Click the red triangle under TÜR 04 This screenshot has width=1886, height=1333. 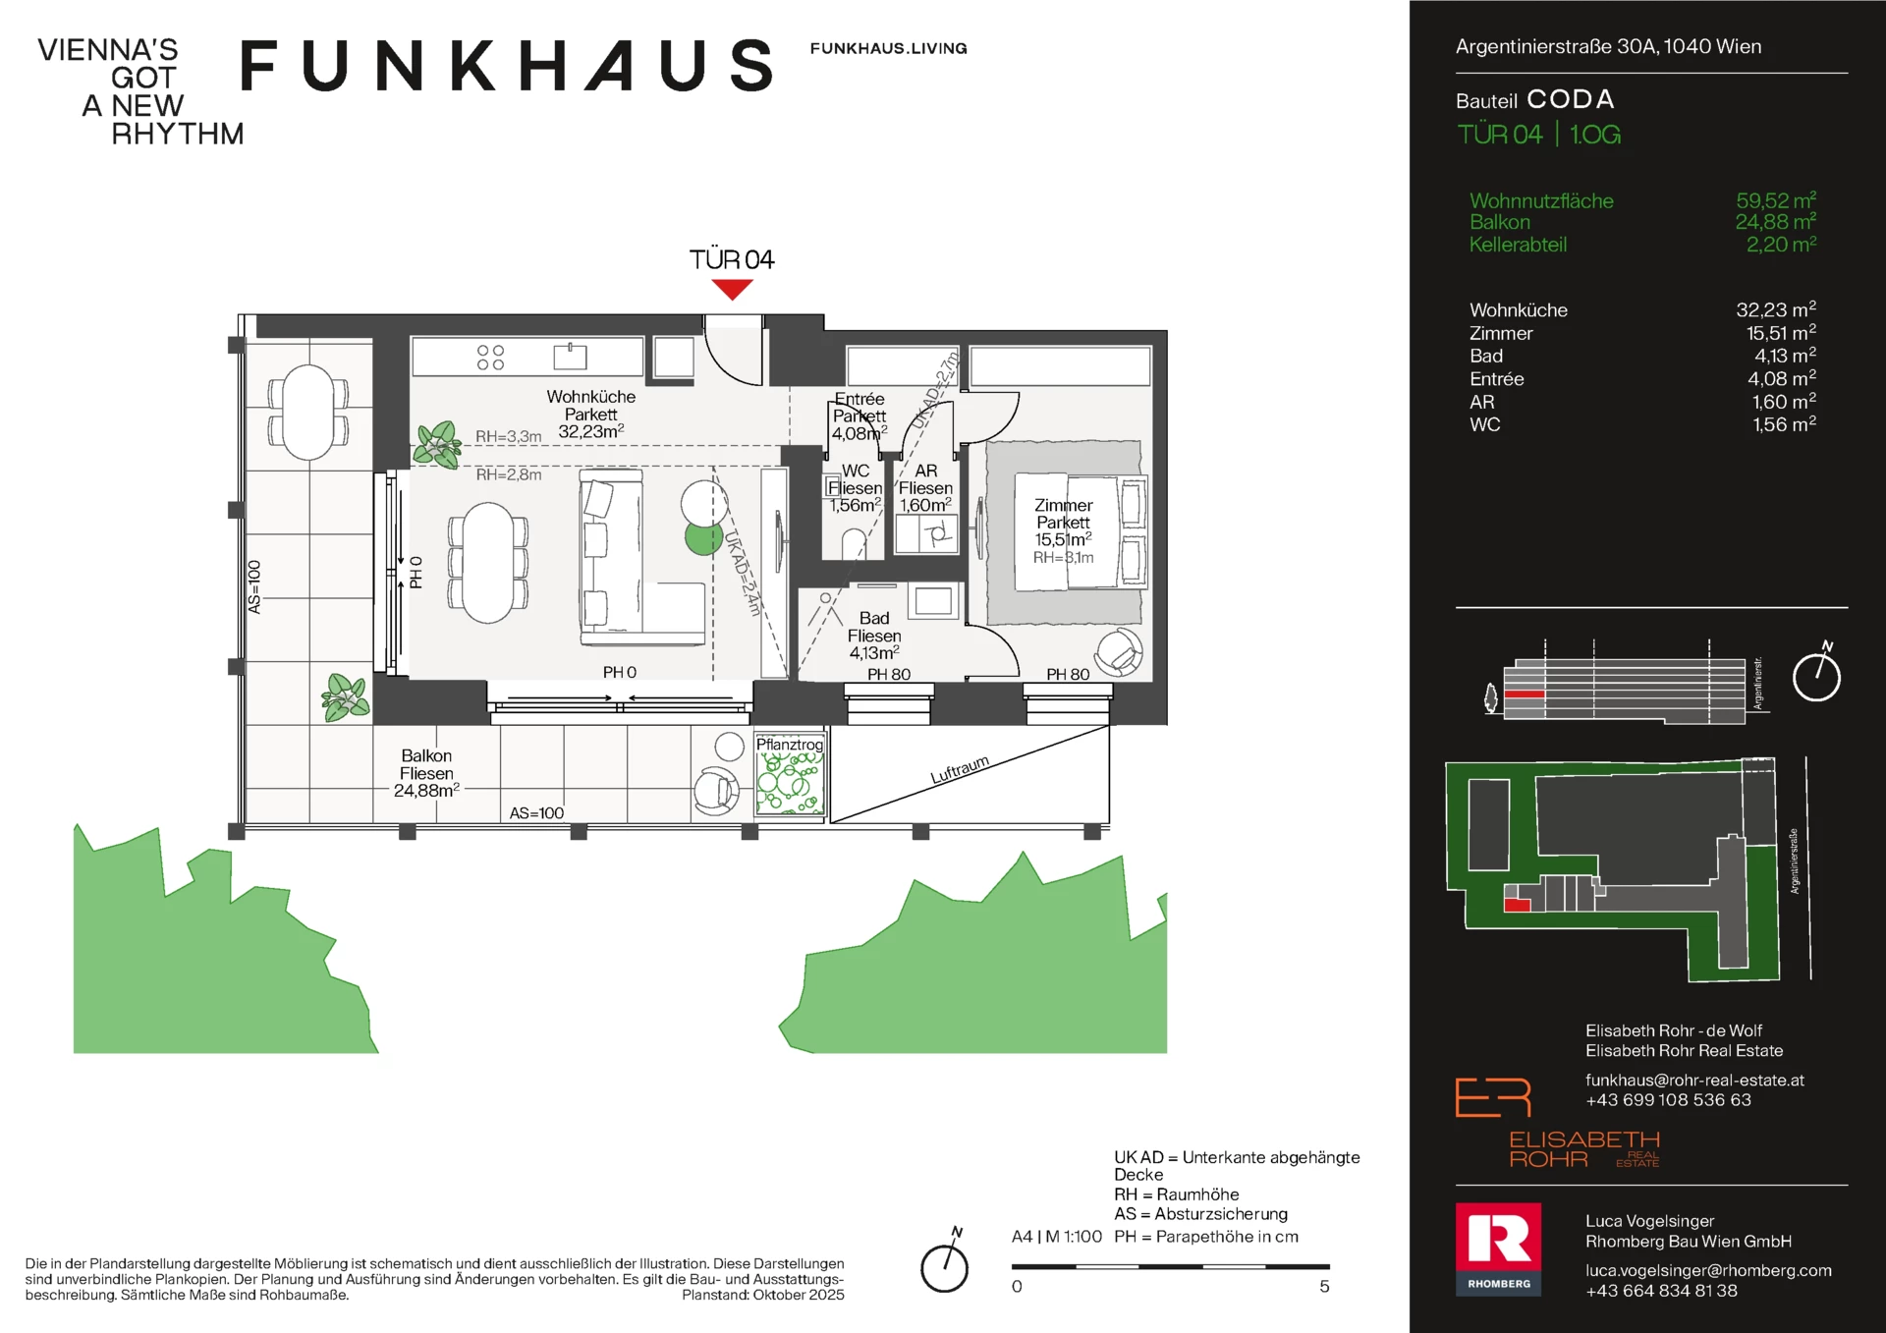[x=732, y=289]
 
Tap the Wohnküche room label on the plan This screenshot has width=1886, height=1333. [x=590, y=397]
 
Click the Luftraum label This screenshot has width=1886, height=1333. [x=960, y=769]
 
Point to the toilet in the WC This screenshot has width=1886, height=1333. [x=854, y=544]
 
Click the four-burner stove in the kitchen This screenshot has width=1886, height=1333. [x=490, y=357]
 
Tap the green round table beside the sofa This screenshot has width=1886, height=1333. [x=703, y=538]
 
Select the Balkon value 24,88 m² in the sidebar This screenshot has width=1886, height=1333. [x=1775, y=222]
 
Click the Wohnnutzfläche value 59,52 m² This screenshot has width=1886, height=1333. [x=1776, y=200]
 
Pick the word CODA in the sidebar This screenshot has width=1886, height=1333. [x=1571, y=99]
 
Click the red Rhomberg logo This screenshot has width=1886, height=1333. [x=1498, y=1249]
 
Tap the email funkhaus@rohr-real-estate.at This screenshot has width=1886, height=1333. [x=1694, y=1080]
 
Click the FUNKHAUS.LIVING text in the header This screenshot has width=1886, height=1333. [x=888, y=48]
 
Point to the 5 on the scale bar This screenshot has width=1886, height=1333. [x=1324, y=1286]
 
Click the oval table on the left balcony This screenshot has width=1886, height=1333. [x=307, y=413]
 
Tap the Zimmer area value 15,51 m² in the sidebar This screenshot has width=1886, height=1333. [x=1781, y=333]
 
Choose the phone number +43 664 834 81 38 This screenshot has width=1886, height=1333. [x=1661, y=1291]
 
